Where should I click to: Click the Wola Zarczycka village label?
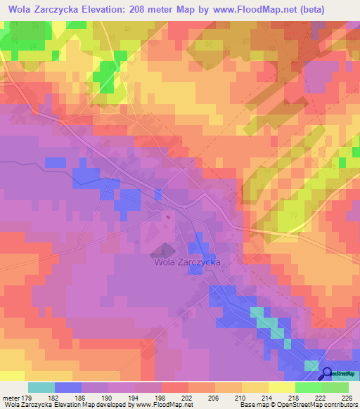pos(187,261)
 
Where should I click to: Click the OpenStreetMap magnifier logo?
pos(326,375)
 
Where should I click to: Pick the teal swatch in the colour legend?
pos(41,387)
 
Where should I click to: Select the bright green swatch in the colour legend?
pos(309,387)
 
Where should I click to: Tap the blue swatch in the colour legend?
pos(68,387)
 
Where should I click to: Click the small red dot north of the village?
pos(168,217)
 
